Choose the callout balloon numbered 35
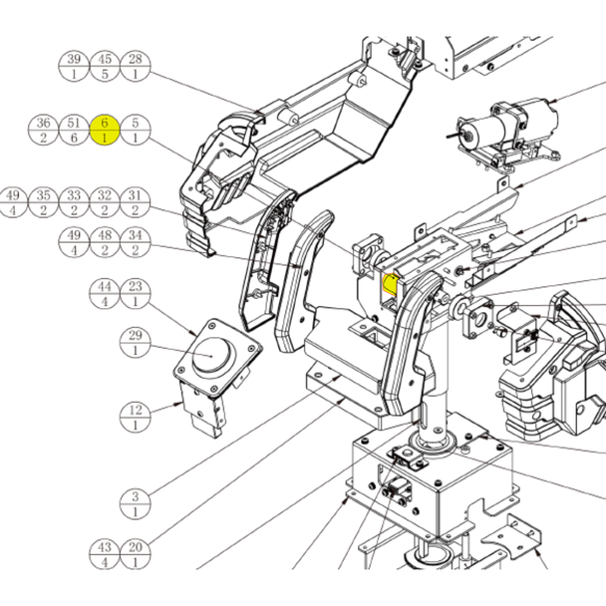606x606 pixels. (43, 202)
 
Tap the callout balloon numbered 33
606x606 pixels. (74, 202)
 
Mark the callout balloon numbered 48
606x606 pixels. (105, 242)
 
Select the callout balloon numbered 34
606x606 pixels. (136, 242)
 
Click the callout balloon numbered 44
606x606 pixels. (105, 294)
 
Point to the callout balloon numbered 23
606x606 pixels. (136, 294)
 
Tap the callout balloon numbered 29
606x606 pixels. (136, 343)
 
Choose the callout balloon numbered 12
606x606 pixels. (136, 417)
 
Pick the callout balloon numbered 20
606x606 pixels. (136, 554)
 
